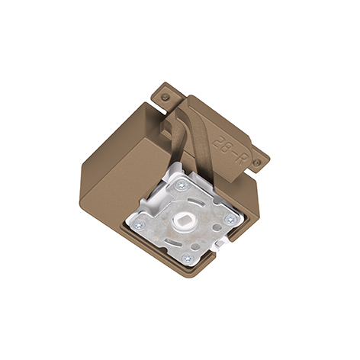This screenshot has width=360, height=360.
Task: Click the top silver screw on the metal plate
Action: click(182, 185)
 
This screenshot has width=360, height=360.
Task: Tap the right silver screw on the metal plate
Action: click(230, 220)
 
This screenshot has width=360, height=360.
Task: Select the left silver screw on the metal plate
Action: click(140, 225)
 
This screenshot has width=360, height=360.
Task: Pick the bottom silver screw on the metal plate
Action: click(188, 259)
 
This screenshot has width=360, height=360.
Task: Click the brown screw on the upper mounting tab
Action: click(166, 97)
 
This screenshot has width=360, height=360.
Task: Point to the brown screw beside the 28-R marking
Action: click(257, 162)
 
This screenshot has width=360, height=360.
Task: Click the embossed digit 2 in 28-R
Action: click(217, 143)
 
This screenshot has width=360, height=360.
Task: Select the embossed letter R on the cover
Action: click(239, 159)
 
